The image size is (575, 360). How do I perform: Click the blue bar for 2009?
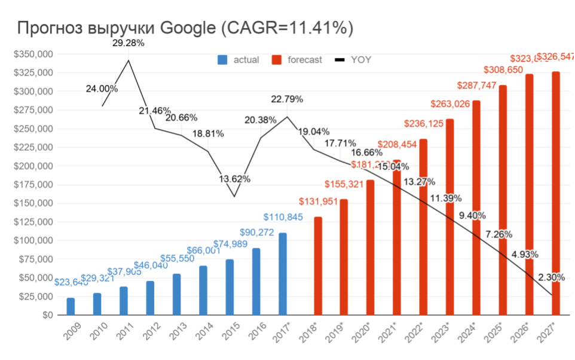(x=71, y=306)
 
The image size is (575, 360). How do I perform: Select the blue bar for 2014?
(x=203, y=290)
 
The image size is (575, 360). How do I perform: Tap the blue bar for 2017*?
(x=283, y=273)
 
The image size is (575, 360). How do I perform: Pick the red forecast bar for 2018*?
(x=318, y=266)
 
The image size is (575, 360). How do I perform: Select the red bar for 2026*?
(x=529, y=194)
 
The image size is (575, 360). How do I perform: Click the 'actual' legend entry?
(x=238, y=60)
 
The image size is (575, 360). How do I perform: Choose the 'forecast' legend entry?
(x=297, y=60)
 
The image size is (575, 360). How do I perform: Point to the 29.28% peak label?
(x=129, y=44)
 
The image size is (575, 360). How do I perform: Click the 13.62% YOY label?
(x=234, y=179)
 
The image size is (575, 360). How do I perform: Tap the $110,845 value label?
(x=282, y=216)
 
